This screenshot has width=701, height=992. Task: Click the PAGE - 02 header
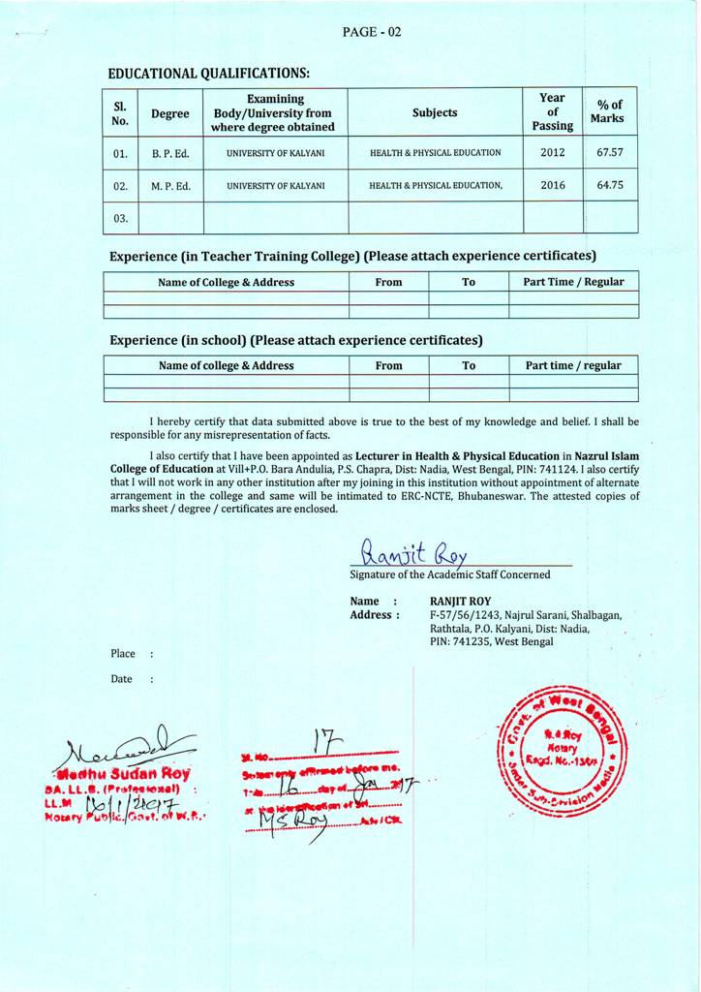(372, 31)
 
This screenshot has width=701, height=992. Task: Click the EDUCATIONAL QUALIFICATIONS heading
(209, 73)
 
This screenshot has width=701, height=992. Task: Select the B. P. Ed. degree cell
(170, 153)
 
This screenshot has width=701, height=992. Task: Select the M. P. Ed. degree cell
(170, 185)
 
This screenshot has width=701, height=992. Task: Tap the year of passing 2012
(553, 152)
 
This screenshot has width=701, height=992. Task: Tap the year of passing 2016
(553, 185)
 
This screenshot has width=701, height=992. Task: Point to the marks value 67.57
(610, 152)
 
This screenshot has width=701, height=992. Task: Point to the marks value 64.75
(610, 185)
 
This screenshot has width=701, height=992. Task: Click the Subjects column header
(435, 112)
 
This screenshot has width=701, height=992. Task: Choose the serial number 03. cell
(120, 218)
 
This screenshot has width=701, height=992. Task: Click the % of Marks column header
(610, 111)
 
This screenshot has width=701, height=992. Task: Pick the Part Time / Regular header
(574, 282)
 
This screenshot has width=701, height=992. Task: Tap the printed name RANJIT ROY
(460, 601)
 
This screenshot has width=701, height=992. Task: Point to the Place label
(123, 654)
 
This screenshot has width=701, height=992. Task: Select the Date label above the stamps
(121, 679)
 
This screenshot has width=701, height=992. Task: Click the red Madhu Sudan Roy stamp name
(123, 774)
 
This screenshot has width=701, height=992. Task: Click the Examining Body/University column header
(275, 112)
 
